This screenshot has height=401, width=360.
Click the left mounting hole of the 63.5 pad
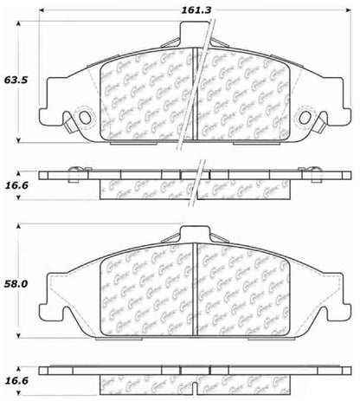point(84,119)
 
